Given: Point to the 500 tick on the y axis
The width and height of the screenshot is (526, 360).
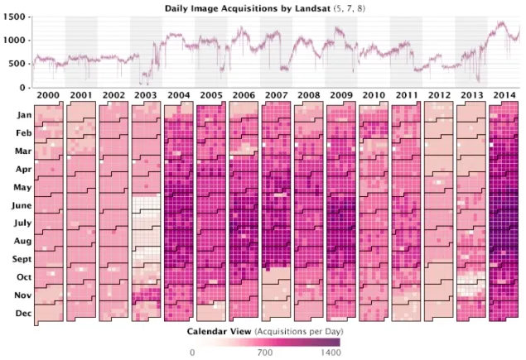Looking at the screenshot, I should tap(20, 64).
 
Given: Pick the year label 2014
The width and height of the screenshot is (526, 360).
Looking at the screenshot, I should tap(504, 96).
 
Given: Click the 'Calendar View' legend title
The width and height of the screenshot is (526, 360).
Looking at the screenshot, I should tap(219, 330).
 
